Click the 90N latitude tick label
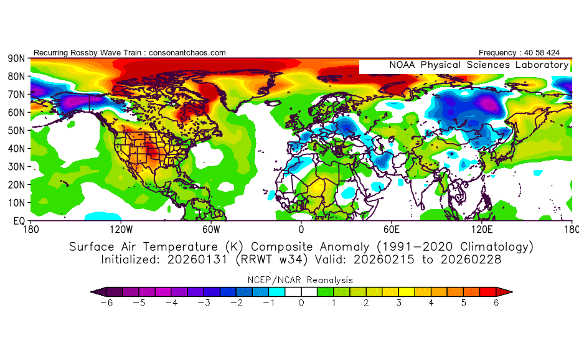coord(15,58)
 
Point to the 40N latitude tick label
coord(15,148)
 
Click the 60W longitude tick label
coord(211,229)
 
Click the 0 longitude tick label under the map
coord(301,229)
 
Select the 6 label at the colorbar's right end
coord(496,303)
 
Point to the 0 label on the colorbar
coord(301,303)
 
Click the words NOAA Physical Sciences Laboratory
coord(479,65)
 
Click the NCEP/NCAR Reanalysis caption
coord(301,279)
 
